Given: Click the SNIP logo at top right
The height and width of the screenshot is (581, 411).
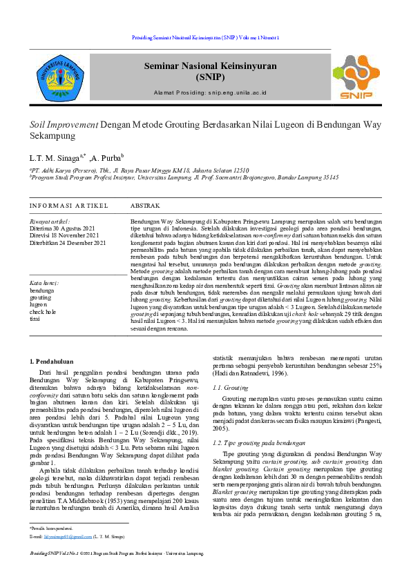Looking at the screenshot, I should pos(354,77).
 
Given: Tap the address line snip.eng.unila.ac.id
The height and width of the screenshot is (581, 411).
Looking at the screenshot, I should pos(210,92).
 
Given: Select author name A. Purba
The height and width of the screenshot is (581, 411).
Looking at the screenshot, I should pos(107,157).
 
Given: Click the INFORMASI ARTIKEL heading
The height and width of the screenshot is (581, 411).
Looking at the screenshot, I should pos(68,206).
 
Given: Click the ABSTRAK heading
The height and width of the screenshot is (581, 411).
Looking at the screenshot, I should pos(145,206).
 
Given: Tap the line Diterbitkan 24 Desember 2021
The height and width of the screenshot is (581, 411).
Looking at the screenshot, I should pos(68,243).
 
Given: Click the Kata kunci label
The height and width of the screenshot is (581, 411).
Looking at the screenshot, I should pos(44,283).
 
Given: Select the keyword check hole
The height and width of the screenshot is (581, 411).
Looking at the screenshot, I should pos(43,312).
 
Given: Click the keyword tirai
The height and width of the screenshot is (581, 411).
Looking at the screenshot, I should pos(35,319).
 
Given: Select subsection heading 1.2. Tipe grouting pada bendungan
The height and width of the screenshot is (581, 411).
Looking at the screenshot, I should pos(259,442).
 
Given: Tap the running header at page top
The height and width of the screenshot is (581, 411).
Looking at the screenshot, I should pos(205,37).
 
